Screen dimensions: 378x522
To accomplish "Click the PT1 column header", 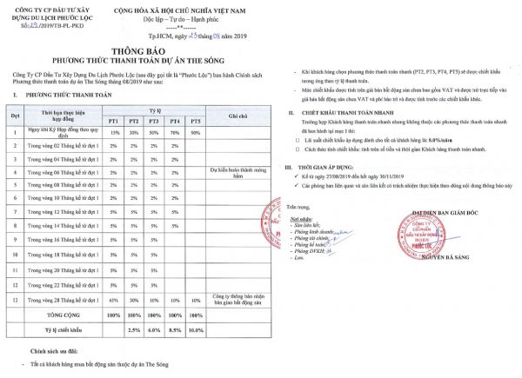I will [x=115, y=120].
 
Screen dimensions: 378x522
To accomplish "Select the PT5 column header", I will [x=196, y=120].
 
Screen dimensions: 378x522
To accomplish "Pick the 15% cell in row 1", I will [x=115, y=132].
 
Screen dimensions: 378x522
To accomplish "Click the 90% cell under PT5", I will [x=196, y=132].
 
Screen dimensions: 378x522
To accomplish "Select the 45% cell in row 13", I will [x=115, y=300].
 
